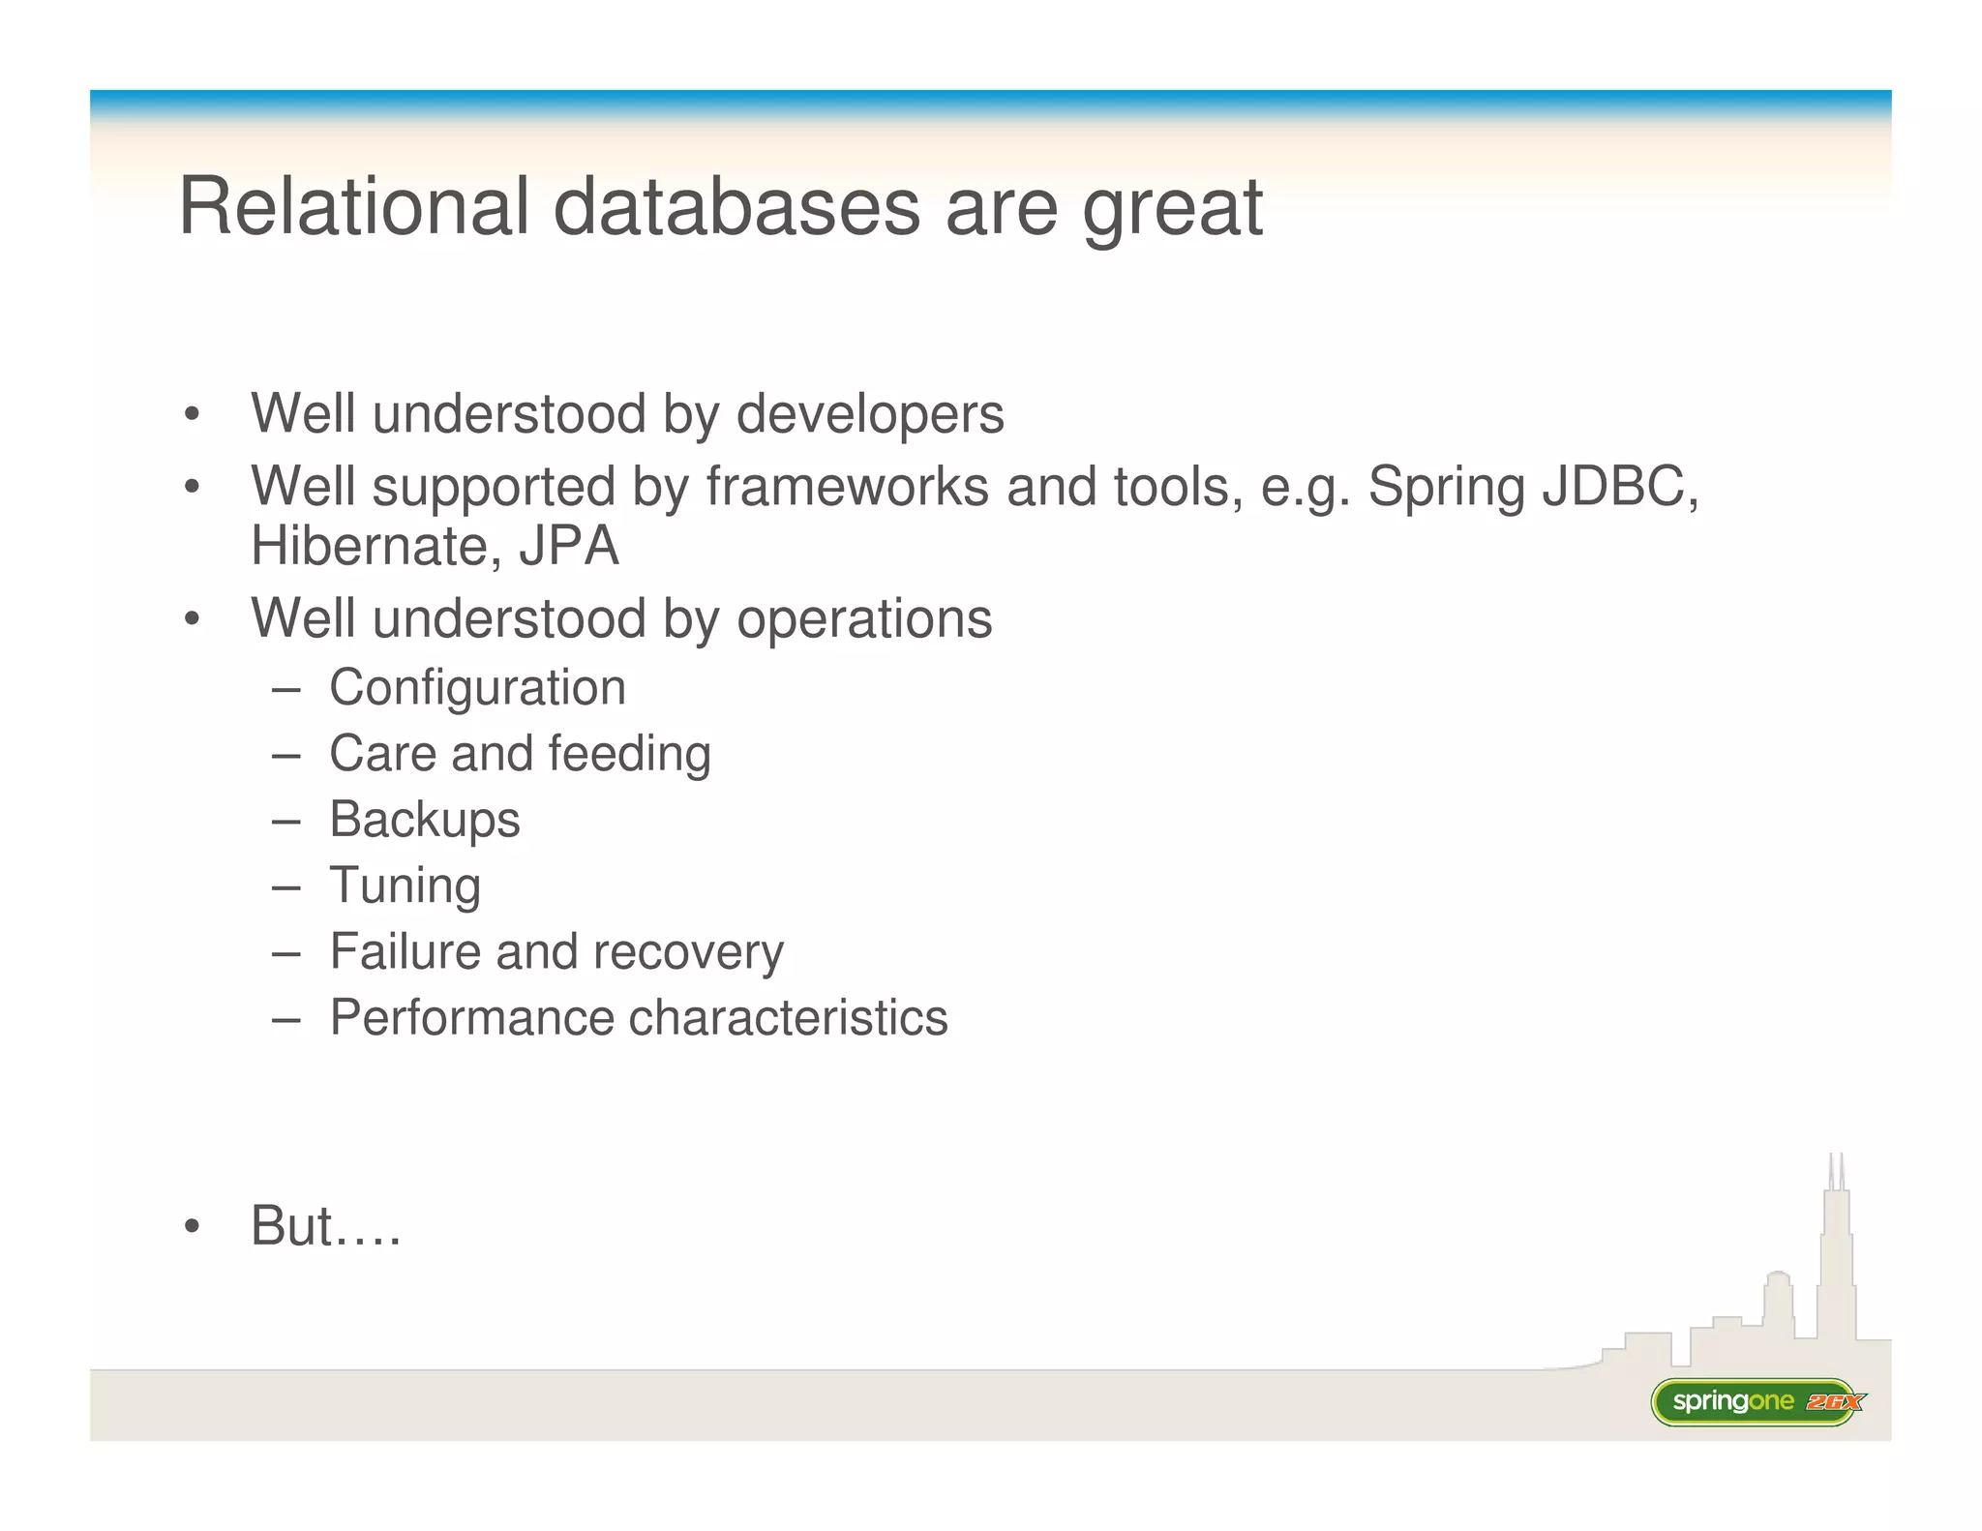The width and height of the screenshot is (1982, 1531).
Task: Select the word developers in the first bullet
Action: pos(869,415)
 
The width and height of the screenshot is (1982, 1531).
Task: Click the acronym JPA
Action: pos(569,546)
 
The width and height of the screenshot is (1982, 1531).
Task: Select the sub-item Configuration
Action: pos(477,688)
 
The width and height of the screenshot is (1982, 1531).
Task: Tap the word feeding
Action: pos(629,754)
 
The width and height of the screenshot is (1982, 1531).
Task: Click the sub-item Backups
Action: pos(424,821)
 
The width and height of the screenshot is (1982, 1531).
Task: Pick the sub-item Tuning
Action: pos(405,886)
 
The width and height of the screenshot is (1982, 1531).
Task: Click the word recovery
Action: pos(688,951)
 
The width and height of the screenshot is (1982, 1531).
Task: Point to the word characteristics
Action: pos(788,1017)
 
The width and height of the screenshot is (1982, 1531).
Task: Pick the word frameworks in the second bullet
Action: pos(847,486)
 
